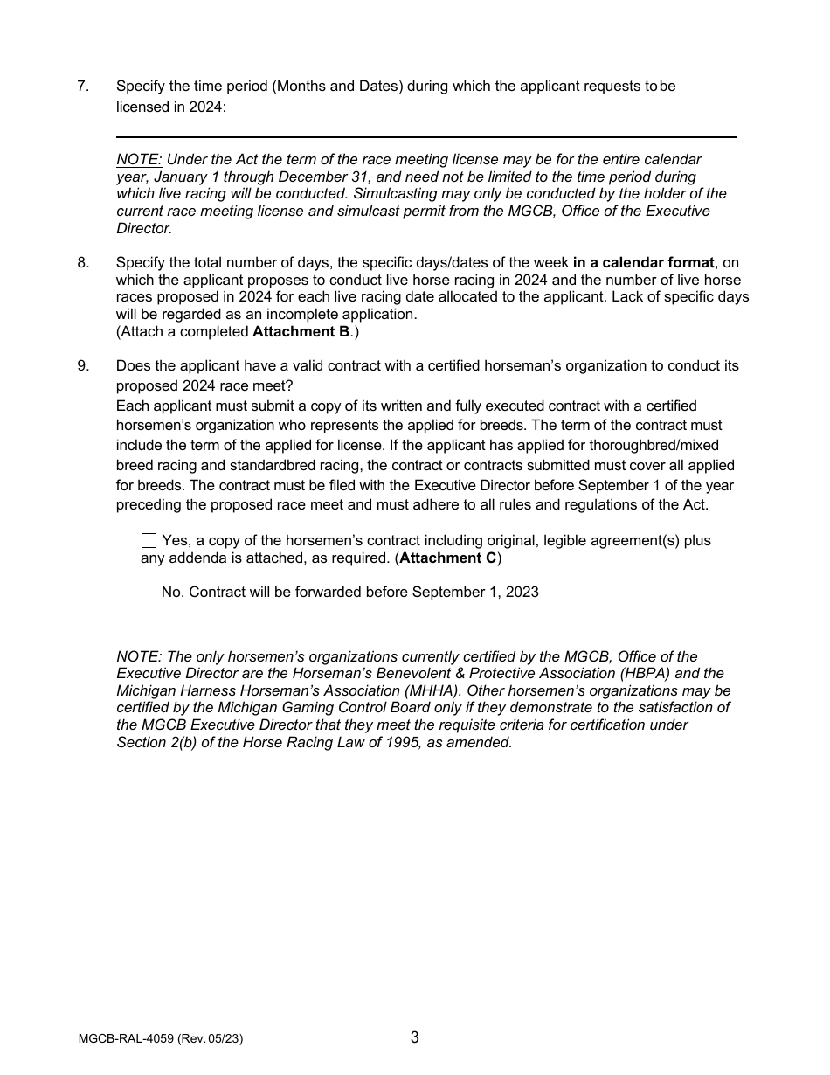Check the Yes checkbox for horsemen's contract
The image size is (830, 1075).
149,541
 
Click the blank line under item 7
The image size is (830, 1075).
426,136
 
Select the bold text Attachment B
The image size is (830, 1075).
301,331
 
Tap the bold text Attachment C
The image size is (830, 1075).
447,558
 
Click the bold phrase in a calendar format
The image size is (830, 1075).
643,262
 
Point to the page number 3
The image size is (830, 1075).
414,1037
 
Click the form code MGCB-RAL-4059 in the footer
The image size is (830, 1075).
126,1039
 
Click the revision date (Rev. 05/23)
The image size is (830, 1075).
211,1039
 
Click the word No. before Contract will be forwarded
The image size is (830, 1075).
173,593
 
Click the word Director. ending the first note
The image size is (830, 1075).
144,228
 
